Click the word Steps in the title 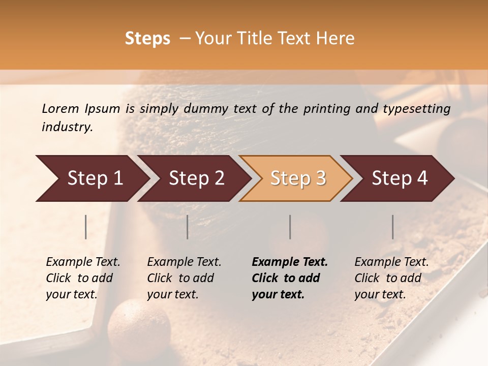(147, 39)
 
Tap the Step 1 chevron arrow (91, 178)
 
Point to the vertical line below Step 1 (86, 227)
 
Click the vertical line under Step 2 (188, 227)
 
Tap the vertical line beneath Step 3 (290, 227)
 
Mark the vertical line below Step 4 (393, 227)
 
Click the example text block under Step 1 (83, 278)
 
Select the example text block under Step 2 (184, 278)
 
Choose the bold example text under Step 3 (289, 278)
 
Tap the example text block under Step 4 (391, 278)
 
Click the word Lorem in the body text (60, 108)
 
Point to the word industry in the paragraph (67, 127)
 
